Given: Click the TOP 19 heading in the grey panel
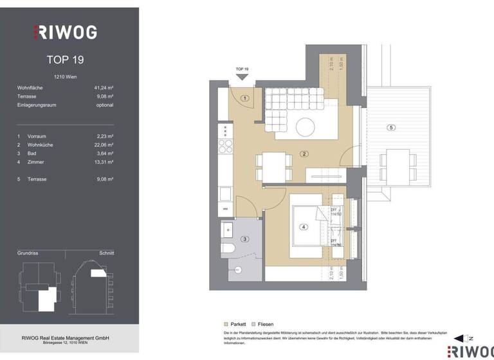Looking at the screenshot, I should pos(66,60).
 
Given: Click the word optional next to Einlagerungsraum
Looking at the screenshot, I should pos(104,105).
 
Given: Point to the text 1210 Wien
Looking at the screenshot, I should pos(66,76).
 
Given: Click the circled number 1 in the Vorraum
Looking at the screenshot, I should pos(245,98).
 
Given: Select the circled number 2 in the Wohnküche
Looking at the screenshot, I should pos(304,154).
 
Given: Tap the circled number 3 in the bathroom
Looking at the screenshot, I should pos(245,239).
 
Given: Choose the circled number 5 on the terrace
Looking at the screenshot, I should pos(391,128).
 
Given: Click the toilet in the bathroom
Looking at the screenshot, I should pos(228,248).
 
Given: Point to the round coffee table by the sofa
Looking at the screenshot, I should pos(305,126).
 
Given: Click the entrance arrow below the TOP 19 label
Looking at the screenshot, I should pos(242,77).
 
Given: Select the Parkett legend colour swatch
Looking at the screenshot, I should pos(226,324).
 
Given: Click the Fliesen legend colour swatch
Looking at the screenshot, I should pos(254,324).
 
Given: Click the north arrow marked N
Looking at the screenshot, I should pos(461,338).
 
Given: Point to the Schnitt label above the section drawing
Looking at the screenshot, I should pos(106,253).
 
